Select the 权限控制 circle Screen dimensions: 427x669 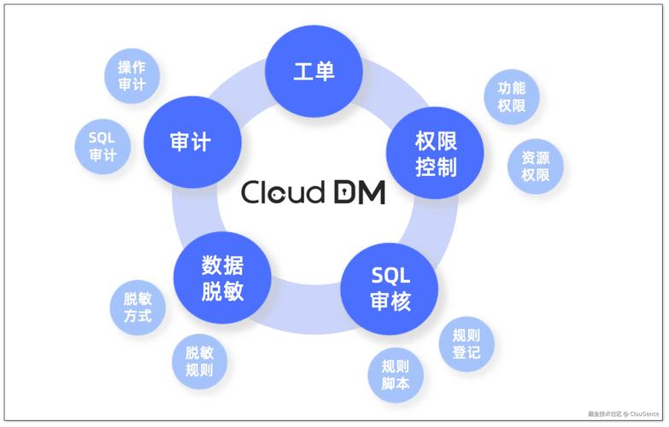coord(436,152)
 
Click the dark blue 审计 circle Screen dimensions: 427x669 coord(190,140)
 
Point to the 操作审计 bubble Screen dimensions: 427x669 coord(132,75)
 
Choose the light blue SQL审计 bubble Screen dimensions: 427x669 coord(103,146)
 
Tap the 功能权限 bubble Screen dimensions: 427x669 coord(511,97)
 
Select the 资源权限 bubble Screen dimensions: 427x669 coord(535,166)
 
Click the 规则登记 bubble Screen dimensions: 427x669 coord(466,343)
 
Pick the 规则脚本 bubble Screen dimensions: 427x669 coord(396,376)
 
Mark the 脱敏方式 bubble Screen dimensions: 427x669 coord(137,307)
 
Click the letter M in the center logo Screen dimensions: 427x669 coord(370,192)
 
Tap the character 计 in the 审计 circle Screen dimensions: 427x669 coord(202,140)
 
